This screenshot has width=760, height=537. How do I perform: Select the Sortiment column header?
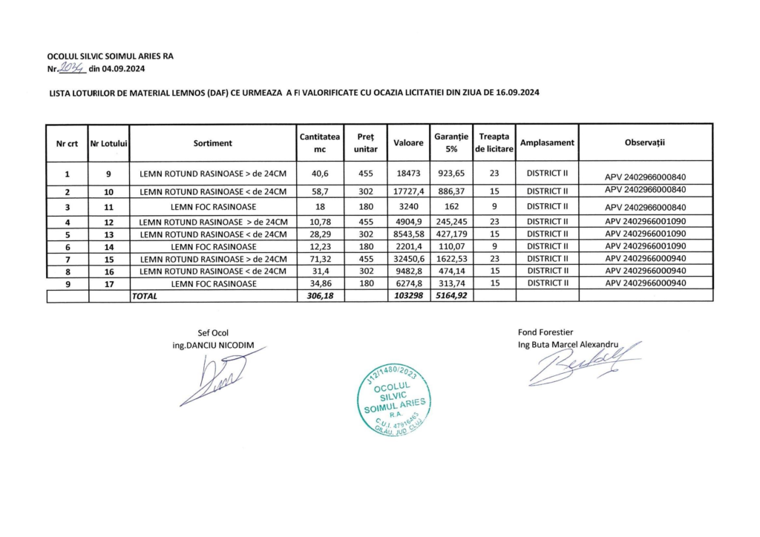tap(213, 142)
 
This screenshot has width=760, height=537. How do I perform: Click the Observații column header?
tap(645, 142)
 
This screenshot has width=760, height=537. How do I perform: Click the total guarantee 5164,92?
tap(451, 296)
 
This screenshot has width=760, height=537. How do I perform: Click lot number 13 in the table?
tap(108, 234)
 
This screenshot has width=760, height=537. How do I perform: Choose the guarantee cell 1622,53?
tap(451, 259)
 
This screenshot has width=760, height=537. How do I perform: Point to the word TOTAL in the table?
tap(145, 296)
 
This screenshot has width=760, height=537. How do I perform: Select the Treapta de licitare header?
tap(494, 142)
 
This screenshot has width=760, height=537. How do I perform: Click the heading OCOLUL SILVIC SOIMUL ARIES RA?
tap(111, 56)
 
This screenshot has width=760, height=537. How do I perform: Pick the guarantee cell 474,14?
tap(451, 271)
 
